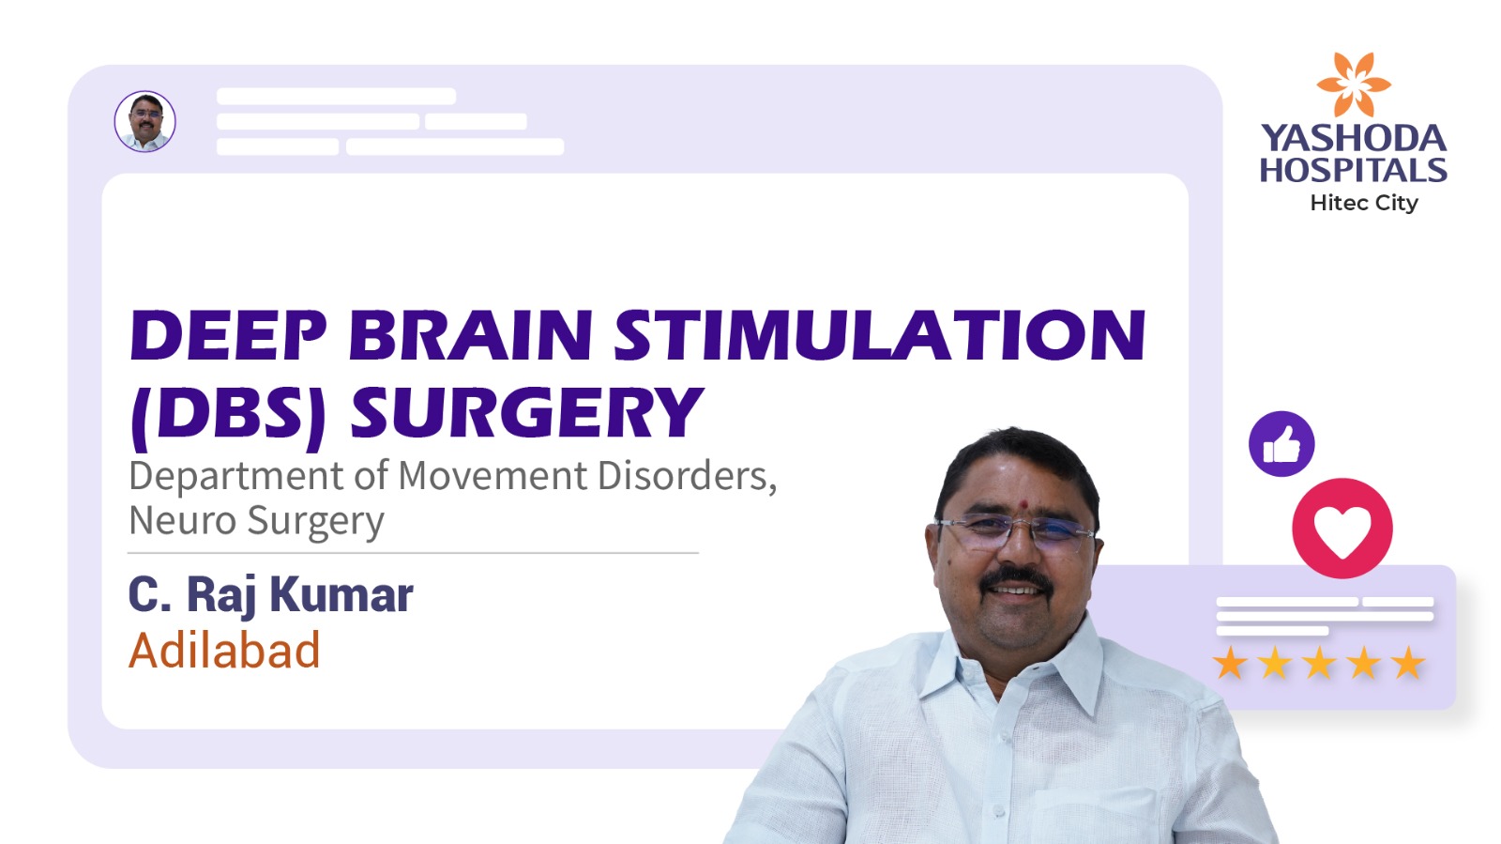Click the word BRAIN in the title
point(470,334)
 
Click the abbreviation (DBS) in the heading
point(228,415)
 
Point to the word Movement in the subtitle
point(493,475)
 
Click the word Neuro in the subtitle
point(182,520)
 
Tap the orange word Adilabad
point(224,651)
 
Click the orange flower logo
point(1354,84)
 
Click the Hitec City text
point(1364,203)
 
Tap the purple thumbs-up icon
point(1281,444)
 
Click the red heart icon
point(1342,529)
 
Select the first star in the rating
point(1230,663)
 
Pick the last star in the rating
point(1408,663)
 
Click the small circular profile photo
point(144,121)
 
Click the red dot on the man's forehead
point(1023,503)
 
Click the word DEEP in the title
point(228,334)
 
